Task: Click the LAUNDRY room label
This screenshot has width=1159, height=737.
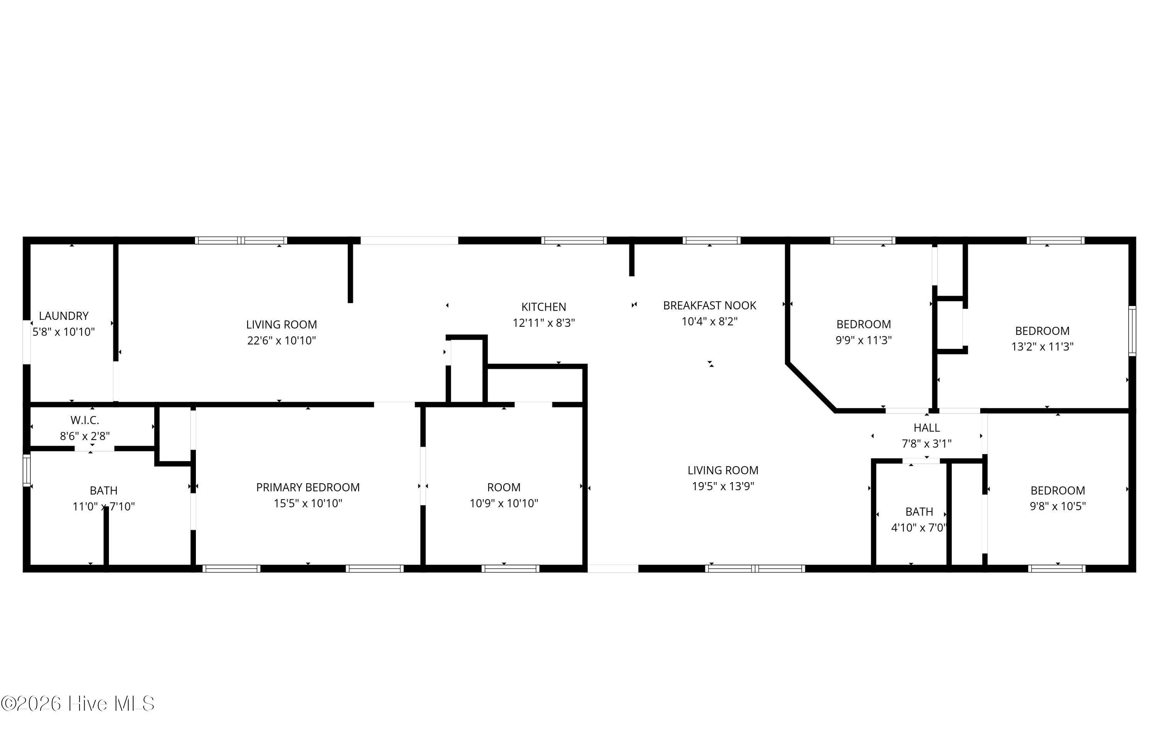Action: (x=63, y=316)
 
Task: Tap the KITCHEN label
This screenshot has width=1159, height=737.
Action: (x=544, y=307)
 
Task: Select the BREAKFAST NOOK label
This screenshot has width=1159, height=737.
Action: (x=709, y=305)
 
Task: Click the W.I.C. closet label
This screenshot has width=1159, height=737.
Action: (x=85, y=420)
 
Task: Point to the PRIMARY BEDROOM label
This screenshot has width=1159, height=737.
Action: (x=308, y=487)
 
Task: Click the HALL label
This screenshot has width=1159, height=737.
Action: (x=926, y=428)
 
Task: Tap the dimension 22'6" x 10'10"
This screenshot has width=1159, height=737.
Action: (x=282, y=340)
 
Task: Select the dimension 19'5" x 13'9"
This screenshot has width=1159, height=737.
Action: (x=723, y=486)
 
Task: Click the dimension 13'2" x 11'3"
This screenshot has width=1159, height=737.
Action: (x=1042, y=346)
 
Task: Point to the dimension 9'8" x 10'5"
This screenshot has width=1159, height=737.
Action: (x=1057, y=506)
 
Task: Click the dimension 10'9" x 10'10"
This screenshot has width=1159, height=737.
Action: (x=503, y=503)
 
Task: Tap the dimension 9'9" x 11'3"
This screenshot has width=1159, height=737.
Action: (x=863, y=340)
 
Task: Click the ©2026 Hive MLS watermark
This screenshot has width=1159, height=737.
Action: (x=78, y=703)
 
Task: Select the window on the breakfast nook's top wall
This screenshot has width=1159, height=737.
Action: (x=711, y=240)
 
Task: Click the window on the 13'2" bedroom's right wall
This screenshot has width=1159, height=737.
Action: (x=1132, y=331)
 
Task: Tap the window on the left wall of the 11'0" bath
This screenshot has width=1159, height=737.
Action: (x=27, y=470)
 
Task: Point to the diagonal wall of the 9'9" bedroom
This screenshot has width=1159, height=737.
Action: (x=811, y=387)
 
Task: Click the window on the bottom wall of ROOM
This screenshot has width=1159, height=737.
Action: (x=510, y=569)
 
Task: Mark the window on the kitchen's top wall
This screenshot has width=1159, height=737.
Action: (x=574, y=240)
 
